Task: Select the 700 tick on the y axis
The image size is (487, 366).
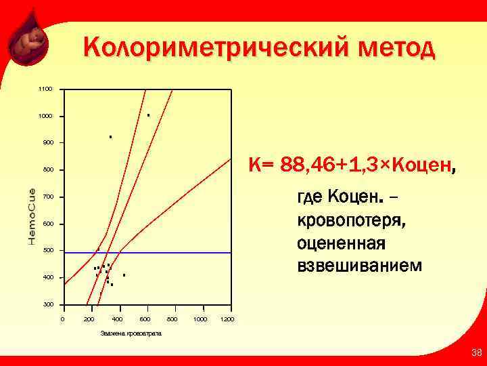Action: [45, 197]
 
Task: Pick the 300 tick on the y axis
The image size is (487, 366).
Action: [45, 304]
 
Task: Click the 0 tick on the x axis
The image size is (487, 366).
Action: [62, 319]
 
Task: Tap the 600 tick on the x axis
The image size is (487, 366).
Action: [145, 319]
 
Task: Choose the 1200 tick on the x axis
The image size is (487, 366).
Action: [227, 319]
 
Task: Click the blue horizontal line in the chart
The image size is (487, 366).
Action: [169, 253]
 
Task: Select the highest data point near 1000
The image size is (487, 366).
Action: [148, 115]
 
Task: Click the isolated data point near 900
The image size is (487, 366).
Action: [110, 137]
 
